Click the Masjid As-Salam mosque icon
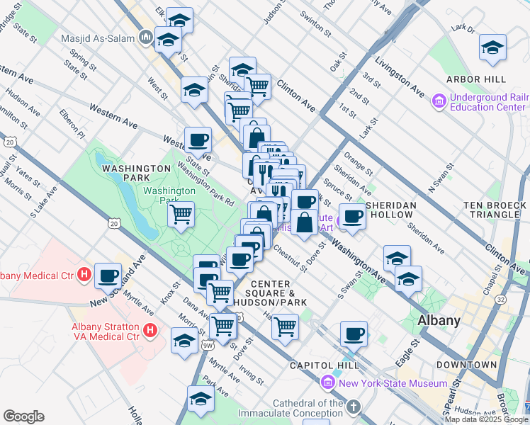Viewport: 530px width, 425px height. click(x=147, y=35)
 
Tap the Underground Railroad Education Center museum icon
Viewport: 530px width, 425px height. click(x=438, y=101)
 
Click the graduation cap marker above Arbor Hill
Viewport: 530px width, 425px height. click(x=492, y=48)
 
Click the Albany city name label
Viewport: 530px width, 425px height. click(x=439, y=320)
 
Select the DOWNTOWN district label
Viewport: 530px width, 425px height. click(x=466, y=365)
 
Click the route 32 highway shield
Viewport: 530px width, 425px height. click(x=501, y=300)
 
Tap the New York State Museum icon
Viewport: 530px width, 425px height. click(x=327, y=383)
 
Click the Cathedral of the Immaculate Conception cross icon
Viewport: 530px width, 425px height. click(x=353, y=407)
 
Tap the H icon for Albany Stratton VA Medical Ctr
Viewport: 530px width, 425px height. click(x=150, y=329)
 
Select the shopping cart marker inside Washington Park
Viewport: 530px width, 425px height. click(x=181, y=213)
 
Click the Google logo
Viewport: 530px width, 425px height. click(x=23, y=416)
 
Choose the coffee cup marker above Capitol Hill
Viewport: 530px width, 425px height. click(x=354, y=334)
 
